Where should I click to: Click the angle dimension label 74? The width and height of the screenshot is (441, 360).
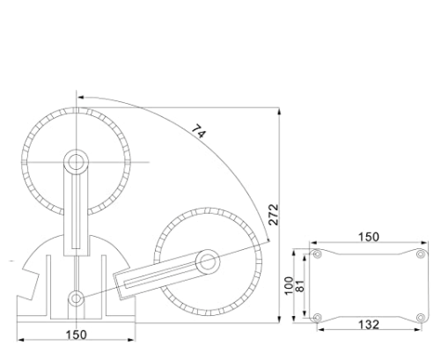pos(200,132)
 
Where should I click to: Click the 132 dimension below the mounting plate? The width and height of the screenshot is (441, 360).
pos(368,325)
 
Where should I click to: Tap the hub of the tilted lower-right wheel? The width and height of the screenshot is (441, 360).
pos(208,260)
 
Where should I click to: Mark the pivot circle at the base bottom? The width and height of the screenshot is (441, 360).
pos(77,299)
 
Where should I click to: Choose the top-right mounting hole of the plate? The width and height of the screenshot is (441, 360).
pos(419,254)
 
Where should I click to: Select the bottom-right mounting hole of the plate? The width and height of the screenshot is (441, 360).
pos(419,317)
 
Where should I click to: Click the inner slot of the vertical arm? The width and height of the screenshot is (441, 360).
pos(77,211)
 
